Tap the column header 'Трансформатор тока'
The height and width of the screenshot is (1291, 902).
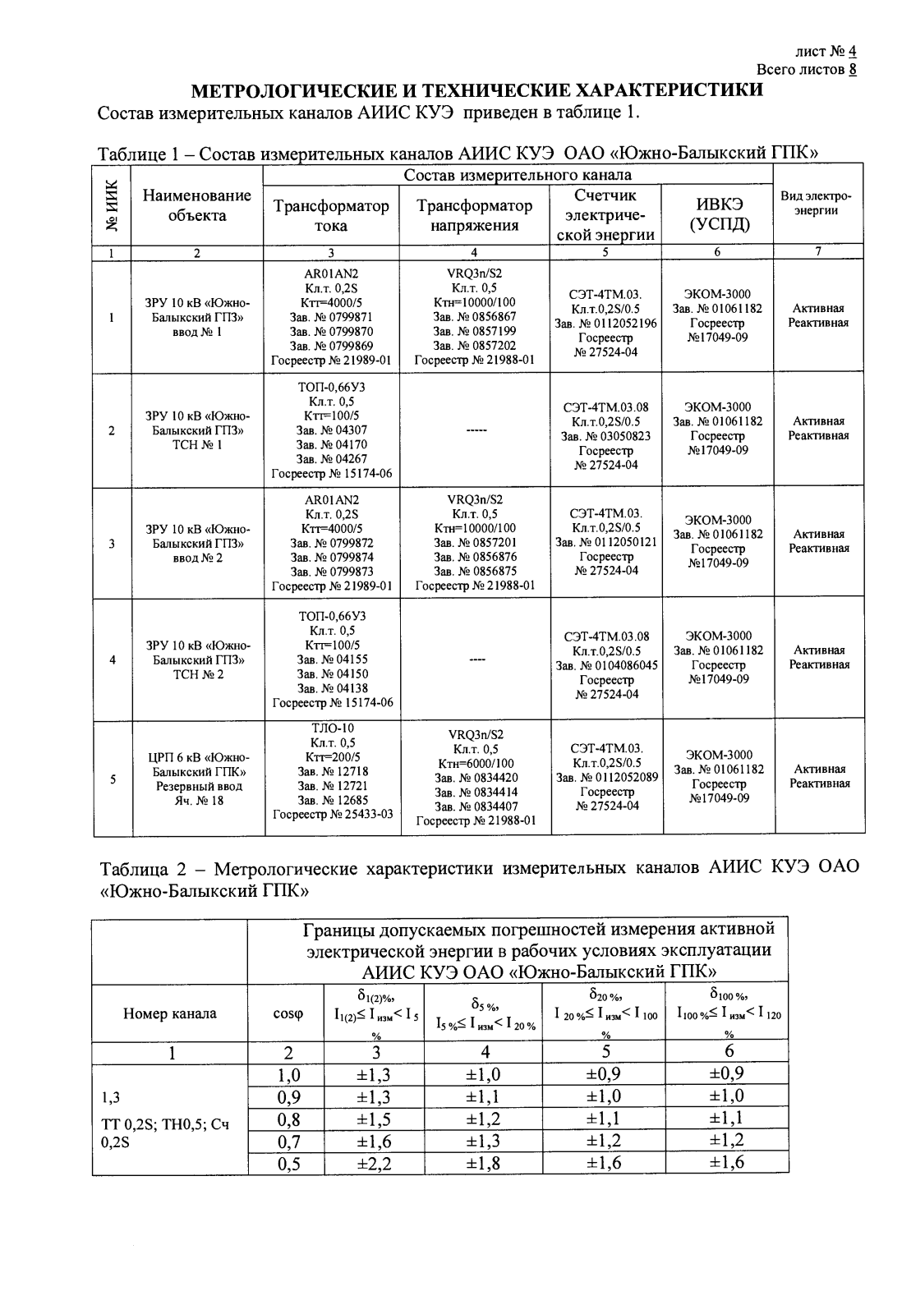(331, 215)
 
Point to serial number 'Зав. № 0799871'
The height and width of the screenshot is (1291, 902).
(332, 316)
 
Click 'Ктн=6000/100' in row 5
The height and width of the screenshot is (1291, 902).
(475, 763)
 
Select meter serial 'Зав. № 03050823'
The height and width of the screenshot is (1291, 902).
(605, 436)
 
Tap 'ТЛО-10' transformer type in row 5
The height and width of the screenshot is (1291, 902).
(332, 728)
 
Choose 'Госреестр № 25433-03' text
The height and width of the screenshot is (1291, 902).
(332, 813)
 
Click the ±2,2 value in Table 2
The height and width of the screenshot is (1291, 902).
(375, 1164)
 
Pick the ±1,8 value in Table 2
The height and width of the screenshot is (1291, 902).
(483, 1164)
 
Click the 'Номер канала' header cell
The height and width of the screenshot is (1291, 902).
(169, 1013)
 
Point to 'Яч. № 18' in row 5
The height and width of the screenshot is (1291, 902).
(198, 801)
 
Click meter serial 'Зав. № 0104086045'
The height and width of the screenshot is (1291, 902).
(605, 665)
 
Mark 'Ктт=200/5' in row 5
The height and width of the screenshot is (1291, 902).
(332, 756)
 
